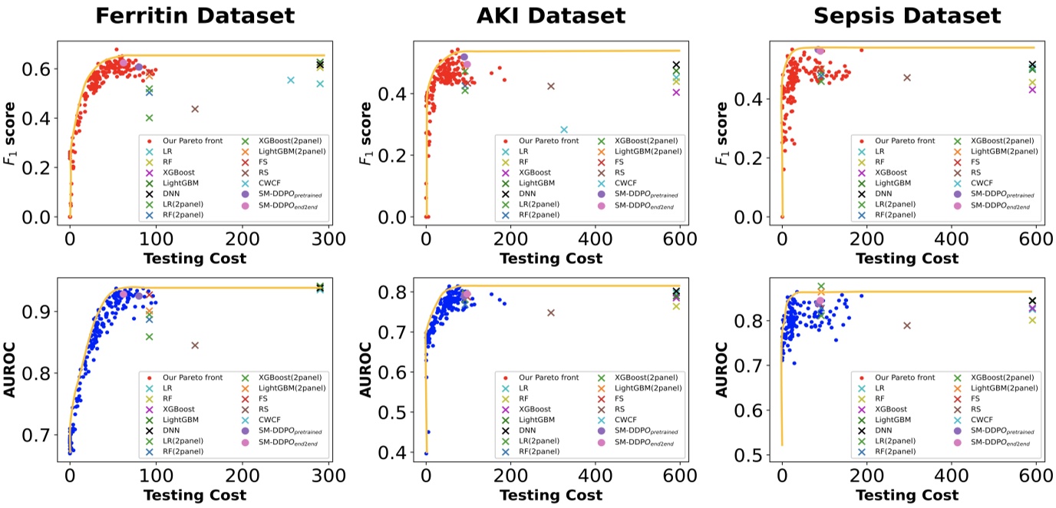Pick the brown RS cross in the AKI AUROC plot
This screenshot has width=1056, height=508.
[551, 312]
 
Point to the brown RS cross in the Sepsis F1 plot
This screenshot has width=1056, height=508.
[907, 78]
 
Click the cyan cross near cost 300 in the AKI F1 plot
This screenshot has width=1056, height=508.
[564, 130]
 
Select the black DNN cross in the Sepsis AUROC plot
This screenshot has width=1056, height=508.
[1032, 301]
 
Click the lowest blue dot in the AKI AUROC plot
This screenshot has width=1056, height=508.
[426, 454]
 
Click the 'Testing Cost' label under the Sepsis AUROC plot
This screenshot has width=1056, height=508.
[907, 496]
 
